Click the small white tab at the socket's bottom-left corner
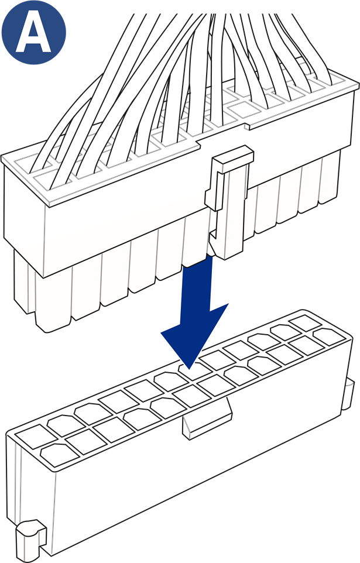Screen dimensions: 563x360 coord(30,540)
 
